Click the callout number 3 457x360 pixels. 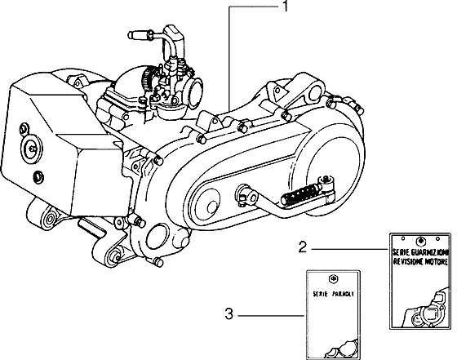pos(231,313)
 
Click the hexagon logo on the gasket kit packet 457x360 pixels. pos(419,242)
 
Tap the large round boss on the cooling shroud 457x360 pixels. pos(34,148)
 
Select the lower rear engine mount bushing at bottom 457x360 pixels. pos(114,259)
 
